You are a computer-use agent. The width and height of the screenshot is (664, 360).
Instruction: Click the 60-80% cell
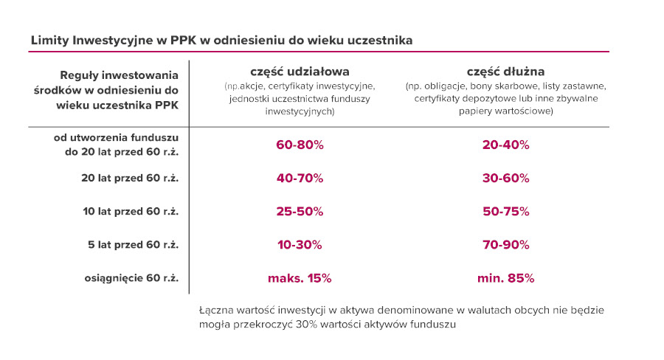[x=300, y=145]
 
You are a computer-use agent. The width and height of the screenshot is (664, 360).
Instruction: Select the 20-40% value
[x=505, y=145]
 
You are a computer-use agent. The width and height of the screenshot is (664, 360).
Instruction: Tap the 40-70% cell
[x=300, y=179]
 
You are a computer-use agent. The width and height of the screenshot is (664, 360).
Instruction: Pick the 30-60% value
[x=505, y=179]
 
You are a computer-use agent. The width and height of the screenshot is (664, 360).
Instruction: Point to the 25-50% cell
[x=300, y=212]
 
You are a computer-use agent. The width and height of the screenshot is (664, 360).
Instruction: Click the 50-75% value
[x=505, y=212]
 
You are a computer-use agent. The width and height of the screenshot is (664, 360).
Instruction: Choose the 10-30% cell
[x=300, y=245]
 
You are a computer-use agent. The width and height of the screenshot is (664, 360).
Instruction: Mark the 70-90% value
[x=505, y=245]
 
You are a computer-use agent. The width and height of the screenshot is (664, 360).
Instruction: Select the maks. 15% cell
[x=300, y=279]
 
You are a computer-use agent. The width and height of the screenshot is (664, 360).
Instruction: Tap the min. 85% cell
[x=505, y=279]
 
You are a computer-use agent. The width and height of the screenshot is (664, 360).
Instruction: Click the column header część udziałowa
[x=300, y=72]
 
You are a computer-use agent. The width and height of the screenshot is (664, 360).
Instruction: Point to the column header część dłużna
[x=505, y=72]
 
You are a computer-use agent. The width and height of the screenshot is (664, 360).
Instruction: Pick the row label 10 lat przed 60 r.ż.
[x=131, y=212]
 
